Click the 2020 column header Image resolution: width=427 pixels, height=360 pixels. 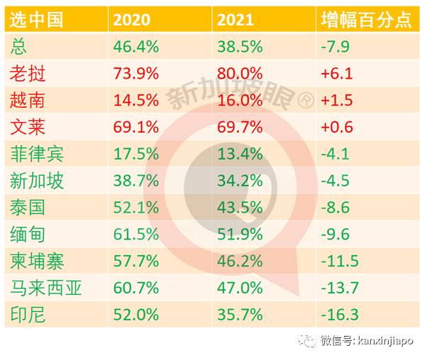[133, 19]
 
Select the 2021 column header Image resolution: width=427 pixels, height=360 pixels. [235, 19]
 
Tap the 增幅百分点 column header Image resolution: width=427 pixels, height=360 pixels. [365, 19]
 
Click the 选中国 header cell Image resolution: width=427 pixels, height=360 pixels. [36, 19]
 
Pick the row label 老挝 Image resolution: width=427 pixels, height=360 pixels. [28, 74]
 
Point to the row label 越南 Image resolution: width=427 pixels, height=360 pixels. [28, 101]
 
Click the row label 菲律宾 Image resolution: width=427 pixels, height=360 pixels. [38, 154]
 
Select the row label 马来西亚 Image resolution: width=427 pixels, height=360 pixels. [46, 287]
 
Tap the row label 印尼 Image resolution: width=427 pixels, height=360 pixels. [28, 314]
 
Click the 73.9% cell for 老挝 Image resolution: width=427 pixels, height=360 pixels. [135, 74]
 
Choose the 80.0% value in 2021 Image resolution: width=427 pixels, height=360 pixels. [240, 74]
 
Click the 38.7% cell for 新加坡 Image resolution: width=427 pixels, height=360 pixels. [135, 181]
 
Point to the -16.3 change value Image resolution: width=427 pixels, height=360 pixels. [340, 314]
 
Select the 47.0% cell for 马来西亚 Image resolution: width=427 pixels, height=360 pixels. [240, 287]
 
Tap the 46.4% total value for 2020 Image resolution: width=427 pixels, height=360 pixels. [135, 47]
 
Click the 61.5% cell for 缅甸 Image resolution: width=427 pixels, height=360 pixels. [135, 234]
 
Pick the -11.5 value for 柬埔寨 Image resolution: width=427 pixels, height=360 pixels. [340, 261]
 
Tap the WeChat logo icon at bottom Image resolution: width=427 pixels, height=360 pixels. [307, 342]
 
